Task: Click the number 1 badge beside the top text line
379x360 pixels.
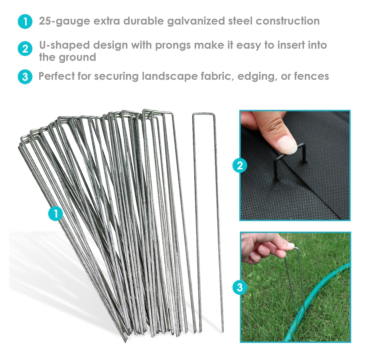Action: click(25, 22)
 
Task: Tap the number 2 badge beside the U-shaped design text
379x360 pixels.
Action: click(25, 49)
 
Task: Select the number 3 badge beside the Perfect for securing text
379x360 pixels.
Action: click(25, 77)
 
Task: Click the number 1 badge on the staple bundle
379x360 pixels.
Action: click(56, 213)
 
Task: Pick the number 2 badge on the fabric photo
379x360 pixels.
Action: click(240, 166)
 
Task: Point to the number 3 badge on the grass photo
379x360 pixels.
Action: click(240, 287)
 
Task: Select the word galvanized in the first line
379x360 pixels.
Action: click(196, 21)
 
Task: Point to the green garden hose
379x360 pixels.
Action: click(317, 302)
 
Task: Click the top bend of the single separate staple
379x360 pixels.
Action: click(204, 114)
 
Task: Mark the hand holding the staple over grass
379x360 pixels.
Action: click(266, 249)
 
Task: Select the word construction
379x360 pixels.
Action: click(288, 21)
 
